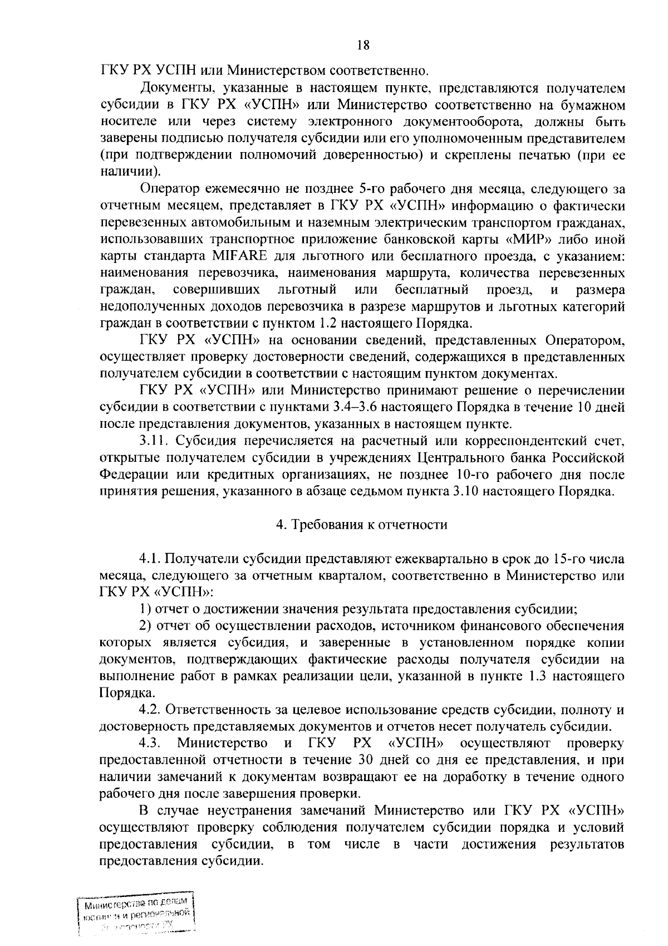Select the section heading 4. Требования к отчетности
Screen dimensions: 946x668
click(x=362, y=524)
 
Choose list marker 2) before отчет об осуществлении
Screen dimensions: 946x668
click(x=146, y=626)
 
